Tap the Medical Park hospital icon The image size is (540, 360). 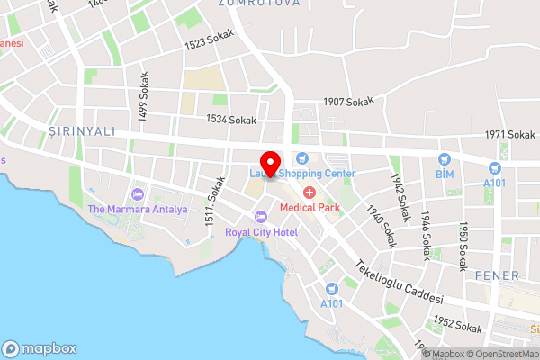310,193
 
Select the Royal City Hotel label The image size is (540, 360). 261,231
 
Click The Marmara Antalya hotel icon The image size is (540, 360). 138,194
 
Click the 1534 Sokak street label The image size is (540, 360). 231,120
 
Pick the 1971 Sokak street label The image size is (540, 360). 509,135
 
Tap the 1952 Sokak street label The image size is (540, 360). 456,325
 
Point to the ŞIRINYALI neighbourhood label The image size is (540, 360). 76,131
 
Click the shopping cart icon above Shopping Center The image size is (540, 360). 303,158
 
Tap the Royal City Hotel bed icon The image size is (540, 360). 261,216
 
